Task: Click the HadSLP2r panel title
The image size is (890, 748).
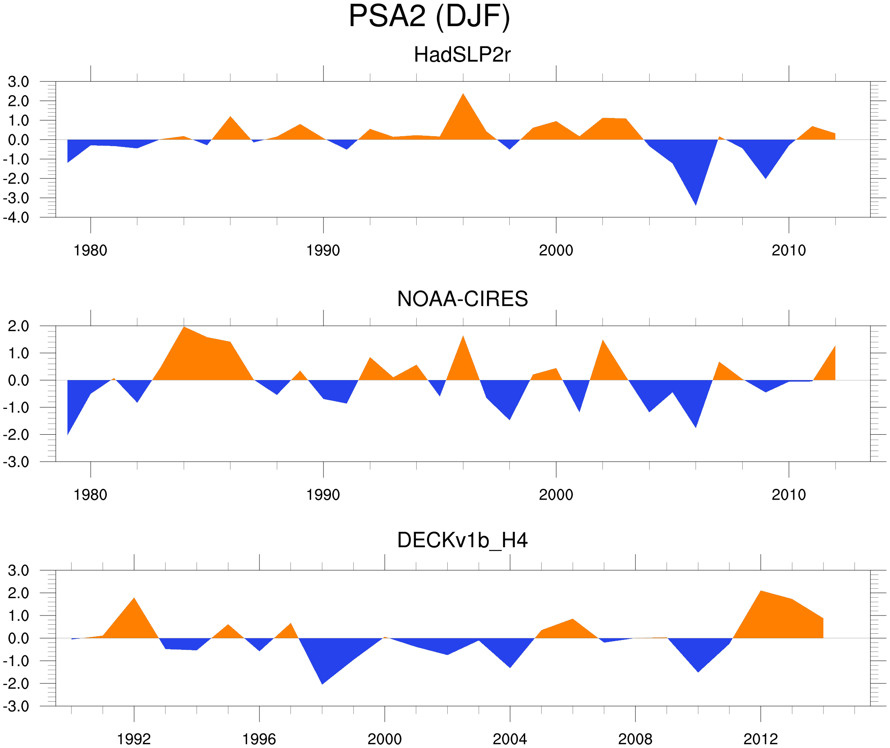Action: tap(462, 55)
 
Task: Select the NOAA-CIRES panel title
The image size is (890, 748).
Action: tap(462, 299)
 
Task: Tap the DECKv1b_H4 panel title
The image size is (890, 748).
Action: tap(462, 540)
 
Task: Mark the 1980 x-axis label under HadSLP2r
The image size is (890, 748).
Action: tap(90, 250)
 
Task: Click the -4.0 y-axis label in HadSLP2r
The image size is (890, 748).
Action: tap(16, 218)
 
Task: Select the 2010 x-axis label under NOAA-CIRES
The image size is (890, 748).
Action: tap(788, 495)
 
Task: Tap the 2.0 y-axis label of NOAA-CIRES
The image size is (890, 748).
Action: tap(18, 326)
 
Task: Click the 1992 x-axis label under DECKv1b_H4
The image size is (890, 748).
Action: tap(134, 739)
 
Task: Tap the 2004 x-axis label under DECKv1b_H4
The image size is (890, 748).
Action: tap(509, 739)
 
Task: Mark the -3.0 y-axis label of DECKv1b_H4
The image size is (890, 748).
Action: tap(16, 706)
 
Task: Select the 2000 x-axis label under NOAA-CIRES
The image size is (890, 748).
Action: tap(556, 495)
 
